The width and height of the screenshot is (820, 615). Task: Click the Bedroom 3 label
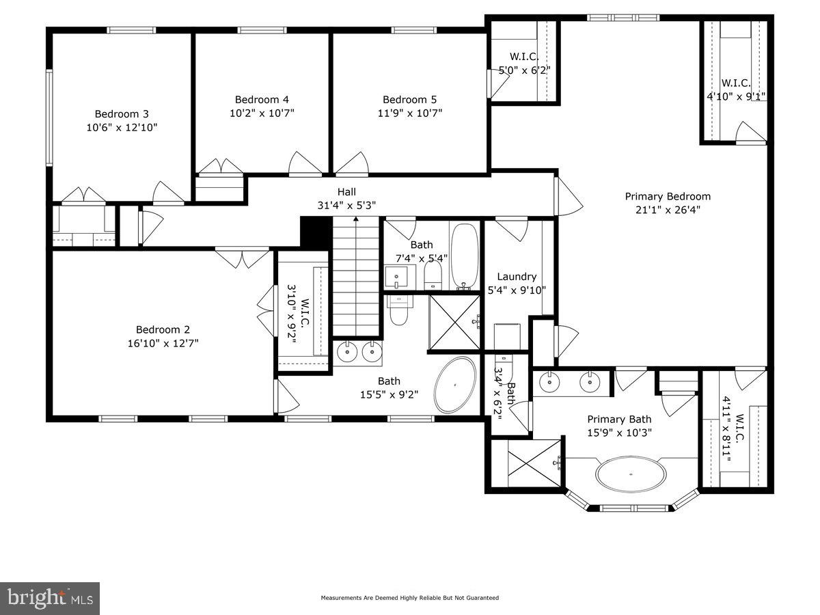pos(122,114)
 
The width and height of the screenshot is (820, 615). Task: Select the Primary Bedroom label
pos(668,196)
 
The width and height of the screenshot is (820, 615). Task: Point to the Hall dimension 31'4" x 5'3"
pos(346,205)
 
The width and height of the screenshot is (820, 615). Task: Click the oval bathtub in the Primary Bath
pos(631,474)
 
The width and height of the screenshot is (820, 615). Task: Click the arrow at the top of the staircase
pos(355,220)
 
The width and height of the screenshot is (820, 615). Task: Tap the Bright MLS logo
pos(50,598)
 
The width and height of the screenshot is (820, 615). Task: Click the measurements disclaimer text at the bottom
pos(410,598)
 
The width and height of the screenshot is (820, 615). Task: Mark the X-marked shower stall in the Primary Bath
pos(526,464)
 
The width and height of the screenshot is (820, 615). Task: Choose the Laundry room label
pos(516,277)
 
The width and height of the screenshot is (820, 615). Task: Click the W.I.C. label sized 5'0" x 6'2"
pos(525,56)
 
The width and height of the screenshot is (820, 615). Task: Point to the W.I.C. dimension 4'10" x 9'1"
pos(736,96)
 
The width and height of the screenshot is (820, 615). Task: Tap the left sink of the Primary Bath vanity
pos(549,383)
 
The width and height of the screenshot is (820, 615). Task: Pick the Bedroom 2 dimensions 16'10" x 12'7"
pos(157,343)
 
